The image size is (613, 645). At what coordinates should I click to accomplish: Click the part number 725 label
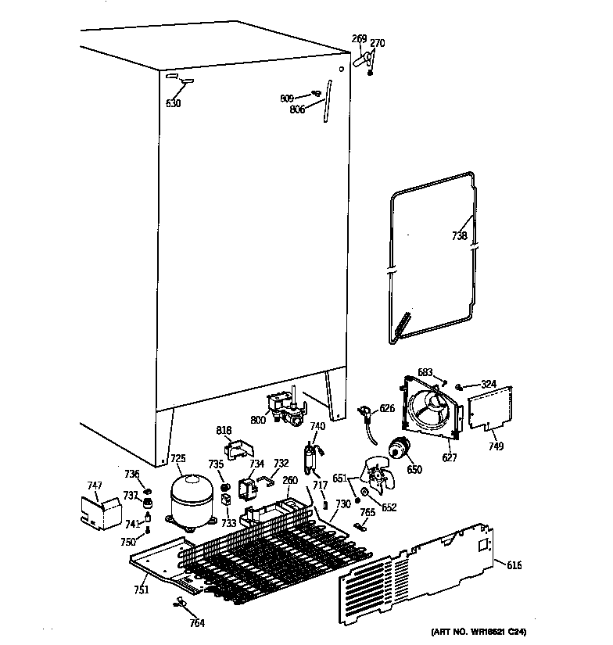(x=178, y=458)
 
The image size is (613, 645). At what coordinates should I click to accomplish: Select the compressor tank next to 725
(x=189, y=503)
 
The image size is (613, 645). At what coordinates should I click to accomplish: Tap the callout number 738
(x=459, y=235)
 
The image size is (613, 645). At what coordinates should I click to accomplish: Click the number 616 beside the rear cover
(x=514, y=565)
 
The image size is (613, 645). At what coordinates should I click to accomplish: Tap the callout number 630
(x=173, y=102)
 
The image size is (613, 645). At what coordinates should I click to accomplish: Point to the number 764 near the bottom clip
(x=197, y=622)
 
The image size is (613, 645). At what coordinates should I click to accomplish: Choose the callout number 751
(x=140, y=589)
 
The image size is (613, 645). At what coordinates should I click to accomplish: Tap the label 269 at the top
(x=359, y=38)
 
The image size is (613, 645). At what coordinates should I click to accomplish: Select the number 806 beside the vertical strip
(x=297, y=109)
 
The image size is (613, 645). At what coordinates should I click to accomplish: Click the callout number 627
(x=449, y=457)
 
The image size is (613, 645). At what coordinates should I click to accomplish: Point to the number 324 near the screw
(x=488, y=383)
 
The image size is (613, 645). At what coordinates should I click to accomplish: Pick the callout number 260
(x=290, y=480)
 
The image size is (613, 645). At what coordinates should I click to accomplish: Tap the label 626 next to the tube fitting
(x=387, y=408)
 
